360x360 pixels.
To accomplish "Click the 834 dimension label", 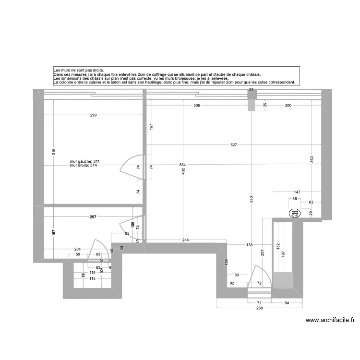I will [x=182, y=165].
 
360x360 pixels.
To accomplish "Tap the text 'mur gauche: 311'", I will [x=84, y=161].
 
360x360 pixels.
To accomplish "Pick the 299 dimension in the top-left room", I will [x=94, y=115].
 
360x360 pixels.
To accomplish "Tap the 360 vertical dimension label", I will [x=312, y=159].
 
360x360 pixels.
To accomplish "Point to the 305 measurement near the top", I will [x=197, y=105].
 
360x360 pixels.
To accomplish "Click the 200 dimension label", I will [x=288, y=105].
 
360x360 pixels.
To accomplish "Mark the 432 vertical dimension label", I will [x=183, y=171].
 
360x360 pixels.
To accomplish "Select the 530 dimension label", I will [x=252, y=200].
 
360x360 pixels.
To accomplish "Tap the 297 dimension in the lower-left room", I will [x=93, y=217].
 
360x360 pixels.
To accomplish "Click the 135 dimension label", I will [x=227, y=263].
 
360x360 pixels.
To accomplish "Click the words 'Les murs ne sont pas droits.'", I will [x=78, y=70].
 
